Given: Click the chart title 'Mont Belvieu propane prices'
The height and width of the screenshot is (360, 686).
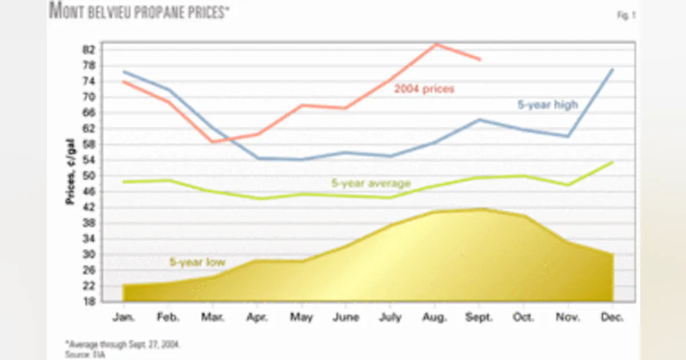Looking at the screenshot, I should coord(139,11).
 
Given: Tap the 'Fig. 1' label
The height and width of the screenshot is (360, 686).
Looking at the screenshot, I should coord(626,16).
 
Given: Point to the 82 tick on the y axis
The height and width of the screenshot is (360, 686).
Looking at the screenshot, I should coord(89,50).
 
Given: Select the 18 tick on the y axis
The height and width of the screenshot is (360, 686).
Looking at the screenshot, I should coord(89,302).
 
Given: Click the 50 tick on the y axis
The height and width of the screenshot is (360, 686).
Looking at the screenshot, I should coord(89,176).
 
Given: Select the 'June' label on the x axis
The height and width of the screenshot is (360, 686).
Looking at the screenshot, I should coord(346,317).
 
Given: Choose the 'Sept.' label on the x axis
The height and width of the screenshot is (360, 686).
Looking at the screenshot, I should coord(480,317).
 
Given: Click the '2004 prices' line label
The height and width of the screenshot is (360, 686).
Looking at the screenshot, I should coord(424,89).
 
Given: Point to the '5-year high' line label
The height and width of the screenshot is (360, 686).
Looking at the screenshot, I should coord(548,105).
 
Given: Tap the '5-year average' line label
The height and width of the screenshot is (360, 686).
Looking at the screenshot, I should coord(371,183).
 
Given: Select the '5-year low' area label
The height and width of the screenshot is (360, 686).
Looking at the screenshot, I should coord(197,262).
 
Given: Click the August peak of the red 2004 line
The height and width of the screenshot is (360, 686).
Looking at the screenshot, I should coord(436,44).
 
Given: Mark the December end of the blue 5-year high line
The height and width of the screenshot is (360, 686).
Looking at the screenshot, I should coord(613,70).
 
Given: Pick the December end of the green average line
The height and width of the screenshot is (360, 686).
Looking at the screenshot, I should coord(613,162).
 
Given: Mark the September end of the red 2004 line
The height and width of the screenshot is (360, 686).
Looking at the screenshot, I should coord(480,59).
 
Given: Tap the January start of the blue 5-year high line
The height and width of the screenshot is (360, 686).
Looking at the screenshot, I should coord(124,72).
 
